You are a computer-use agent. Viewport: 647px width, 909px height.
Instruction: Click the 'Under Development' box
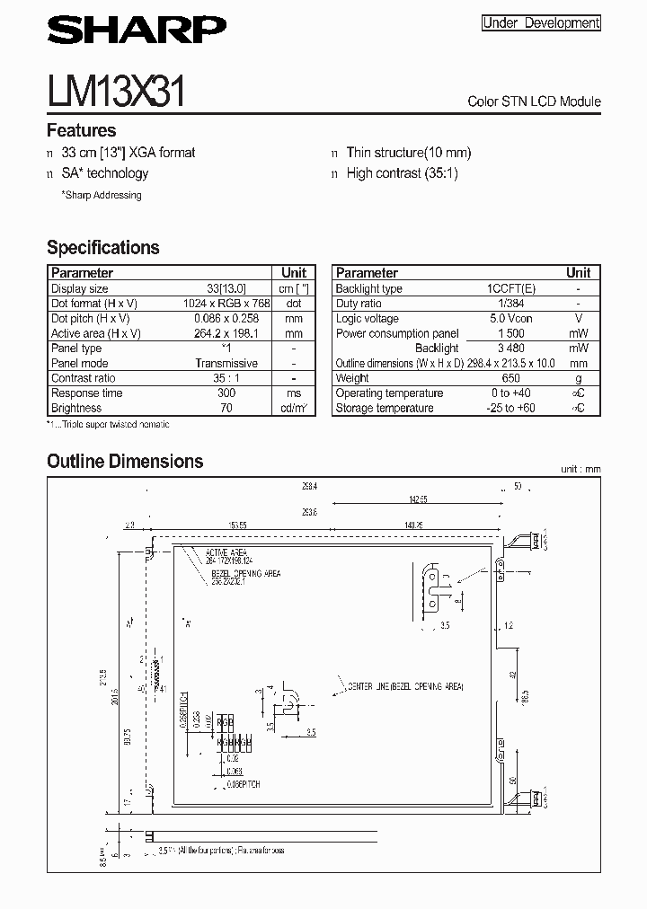coord(541,23)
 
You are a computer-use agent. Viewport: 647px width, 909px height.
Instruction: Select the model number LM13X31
coord(116,93)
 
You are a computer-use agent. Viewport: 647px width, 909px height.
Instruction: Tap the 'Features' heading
coord(81,130)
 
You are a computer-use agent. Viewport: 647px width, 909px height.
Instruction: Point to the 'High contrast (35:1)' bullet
coord(402,173)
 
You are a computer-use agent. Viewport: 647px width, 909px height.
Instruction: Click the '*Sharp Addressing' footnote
coord(101,195)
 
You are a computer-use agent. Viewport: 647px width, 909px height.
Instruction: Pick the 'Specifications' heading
coord(102,247)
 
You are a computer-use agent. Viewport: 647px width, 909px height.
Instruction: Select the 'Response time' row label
coord(86,393)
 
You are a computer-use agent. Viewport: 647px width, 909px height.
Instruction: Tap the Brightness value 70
coord(226,408)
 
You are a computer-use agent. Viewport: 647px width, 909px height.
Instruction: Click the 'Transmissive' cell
coord(226,363)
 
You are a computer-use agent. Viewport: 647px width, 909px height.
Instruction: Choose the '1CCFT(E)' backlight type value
coord(510,288)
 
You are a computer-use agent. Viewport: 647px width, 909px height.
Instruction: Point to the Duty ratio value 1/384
coord(510,304)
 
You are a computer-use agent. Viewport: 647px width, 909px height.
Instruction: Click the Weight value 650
coord(510,378)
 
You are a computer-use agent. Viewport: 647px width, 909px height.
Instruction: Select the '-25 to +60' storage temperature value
coord(510,408)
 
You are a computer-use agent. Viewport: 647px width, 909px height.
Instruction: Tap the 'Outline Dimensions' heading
coord(125,461)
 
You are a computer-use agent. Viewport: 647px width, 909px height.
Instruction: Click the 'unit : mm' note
coord(580,469)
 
